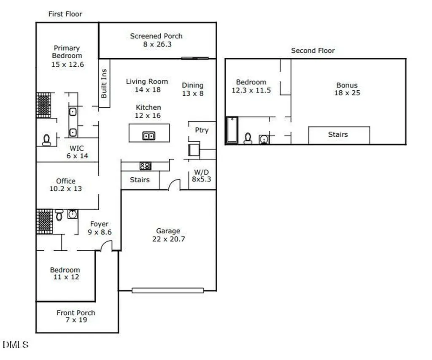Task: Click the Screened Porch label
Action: pyautogui.click(x=156, y=40)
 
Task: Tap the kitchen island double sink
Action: pyautogui.click(x=149, y=135)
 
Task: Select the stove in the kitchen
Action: pyautogui.click(x=146, y=166)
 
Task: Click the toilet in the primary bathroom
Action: pyautogui.click(x=46, y=140)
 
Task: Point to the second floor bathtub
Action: pyautogui.click(x=232, y=130)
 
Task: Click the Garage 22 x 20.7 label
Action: pyautogui.click(x=168, y=235)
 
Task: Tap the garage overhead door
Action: pyautogui.click(x=168, y=290)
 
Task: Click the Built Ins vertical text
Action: pyautogui.click(x=104, y=84)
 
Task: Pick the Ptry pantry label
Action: pyautogui.click(x=202, y=130)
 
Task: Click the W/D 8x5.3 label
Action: pyautogui.click(x=201, y=176)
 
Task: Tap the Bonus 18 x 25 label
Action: pyautogui.click(x=347, y=89)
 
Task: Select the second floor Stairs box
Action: pyautogui.click(x=339, y=135)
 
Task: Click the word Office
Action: pyautogui.click(x=65, y=181)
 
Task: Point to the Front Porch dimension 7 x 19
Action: pyautogui.click(x=76, y=320)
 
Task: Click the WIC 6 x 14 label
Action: pyautogui.click(x=77, y=152)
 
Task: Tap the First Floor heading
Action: pyautogui.click(x=65, y=14)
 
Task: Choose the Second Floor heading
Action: pyautogui.click(x=313, y=51)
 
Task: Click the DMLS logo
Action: pyautogui.click(x=16, y=344)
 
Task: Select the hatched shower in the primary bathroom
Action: pyautogui.click(x=43, y=105)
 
